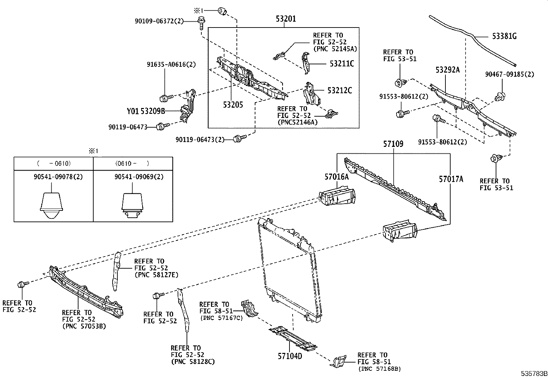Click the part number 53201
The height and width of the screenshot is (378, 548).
286,19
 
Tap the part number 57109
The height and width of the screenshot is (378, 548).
393,144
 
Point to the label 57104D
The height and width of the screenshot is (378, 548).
290,356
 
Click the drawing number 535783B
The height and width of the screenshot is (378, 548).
534,374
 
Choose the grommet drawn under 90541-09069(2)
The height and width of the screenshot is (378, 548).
132,206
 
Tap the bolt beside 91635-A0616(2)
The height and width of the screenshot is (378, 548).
165,98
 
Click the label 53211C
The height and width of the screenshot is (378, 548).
341,64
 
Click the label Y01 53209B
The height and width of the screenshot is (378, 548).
146,111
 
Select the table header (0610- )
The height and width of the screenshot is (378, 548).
133,163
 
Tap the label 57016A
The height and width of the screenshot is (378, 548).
336,177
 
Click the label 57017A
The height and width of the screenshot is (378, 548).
451,179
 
